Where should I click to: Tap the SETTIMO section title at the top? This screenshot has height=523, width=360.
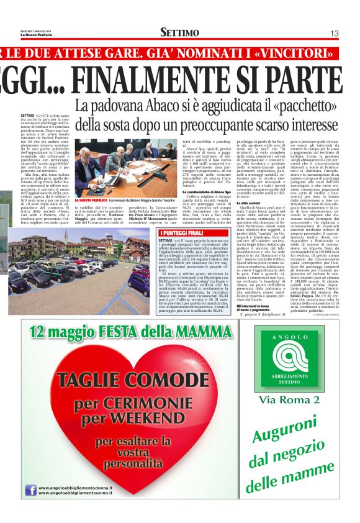(x=179, y=32)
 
